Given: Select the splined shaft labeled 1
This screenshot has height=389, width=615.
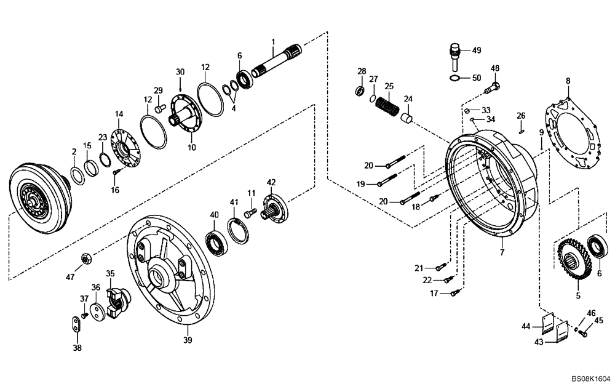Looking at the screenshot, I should [x=277, y=62].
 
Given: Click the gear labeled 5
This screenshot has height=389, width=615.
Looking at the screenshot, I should [x=574, y=259].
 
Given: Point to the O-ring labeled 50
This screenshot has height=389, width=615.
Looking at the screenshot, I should [x=455, y=78].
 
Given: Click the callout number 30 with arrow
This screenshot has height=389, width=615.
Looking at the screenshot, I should [x=180, y=72].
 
